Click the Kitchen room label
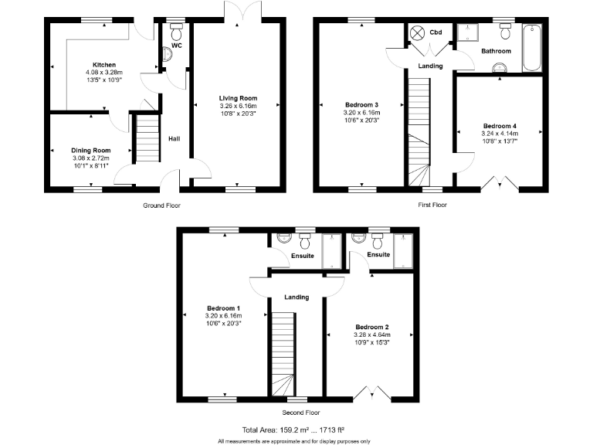(103, 64)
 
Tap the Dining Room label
(91, 150)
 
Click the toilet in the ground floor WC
(175, 34)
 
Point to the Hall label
(175, 139)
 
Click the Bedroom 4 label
(500, 126)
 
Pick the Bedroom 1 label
(223, 307)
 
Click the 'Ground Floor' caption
(161, 206)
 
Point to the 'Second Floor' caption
(296, 413)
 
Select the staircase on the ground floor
(146, 139)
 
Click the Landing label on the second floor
(296, 297)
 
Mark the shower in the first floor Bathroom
(467, 32)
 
